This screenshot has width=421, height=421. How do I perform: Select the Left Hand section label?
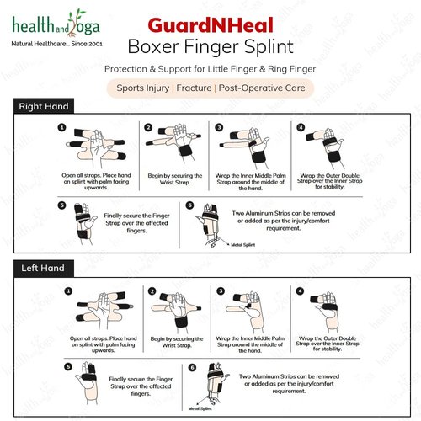(x=40, y=269)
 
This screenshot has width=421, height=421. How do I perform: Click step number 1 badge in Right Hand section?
(x=61, y=128)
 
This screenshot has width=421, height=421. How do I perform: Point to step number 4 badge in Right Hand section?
(x=301, y=128)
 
